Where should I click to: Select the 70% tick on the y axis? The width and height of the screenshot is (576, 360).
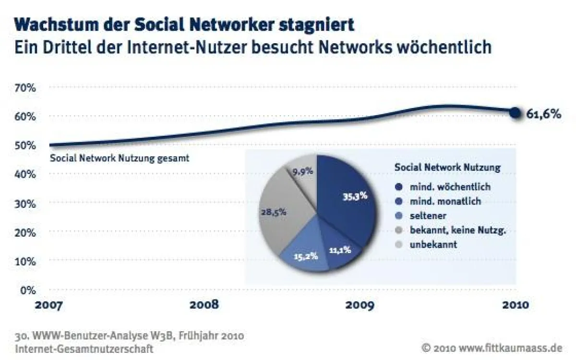[x=25, y=88]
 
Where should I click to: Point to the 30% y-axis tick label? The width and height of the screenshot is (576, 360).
[x=25, y=204]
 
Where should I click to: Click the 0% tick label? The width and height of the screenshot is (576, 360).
[x=28, y=290]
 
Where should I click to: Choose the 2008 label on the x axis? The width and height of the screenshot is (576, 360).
[x=204, y=305]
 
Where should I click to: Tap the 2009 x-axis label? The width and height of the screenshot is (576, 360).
[x=359, y=305]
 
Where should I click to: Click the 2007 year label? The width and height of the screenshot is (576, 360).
[x=48, y=305]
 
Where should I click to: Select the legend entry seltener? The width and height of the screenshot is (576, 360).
[x=428, y=216]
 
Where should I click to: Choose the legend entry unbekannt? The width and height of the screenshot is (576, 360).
[x=432, y=244]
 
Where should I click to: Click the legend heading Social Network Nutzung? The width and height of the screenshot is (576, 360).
[x=447, y=168]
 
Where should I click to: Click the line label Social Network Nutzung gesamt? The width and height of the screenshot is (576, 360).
[x=119, y=158]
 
